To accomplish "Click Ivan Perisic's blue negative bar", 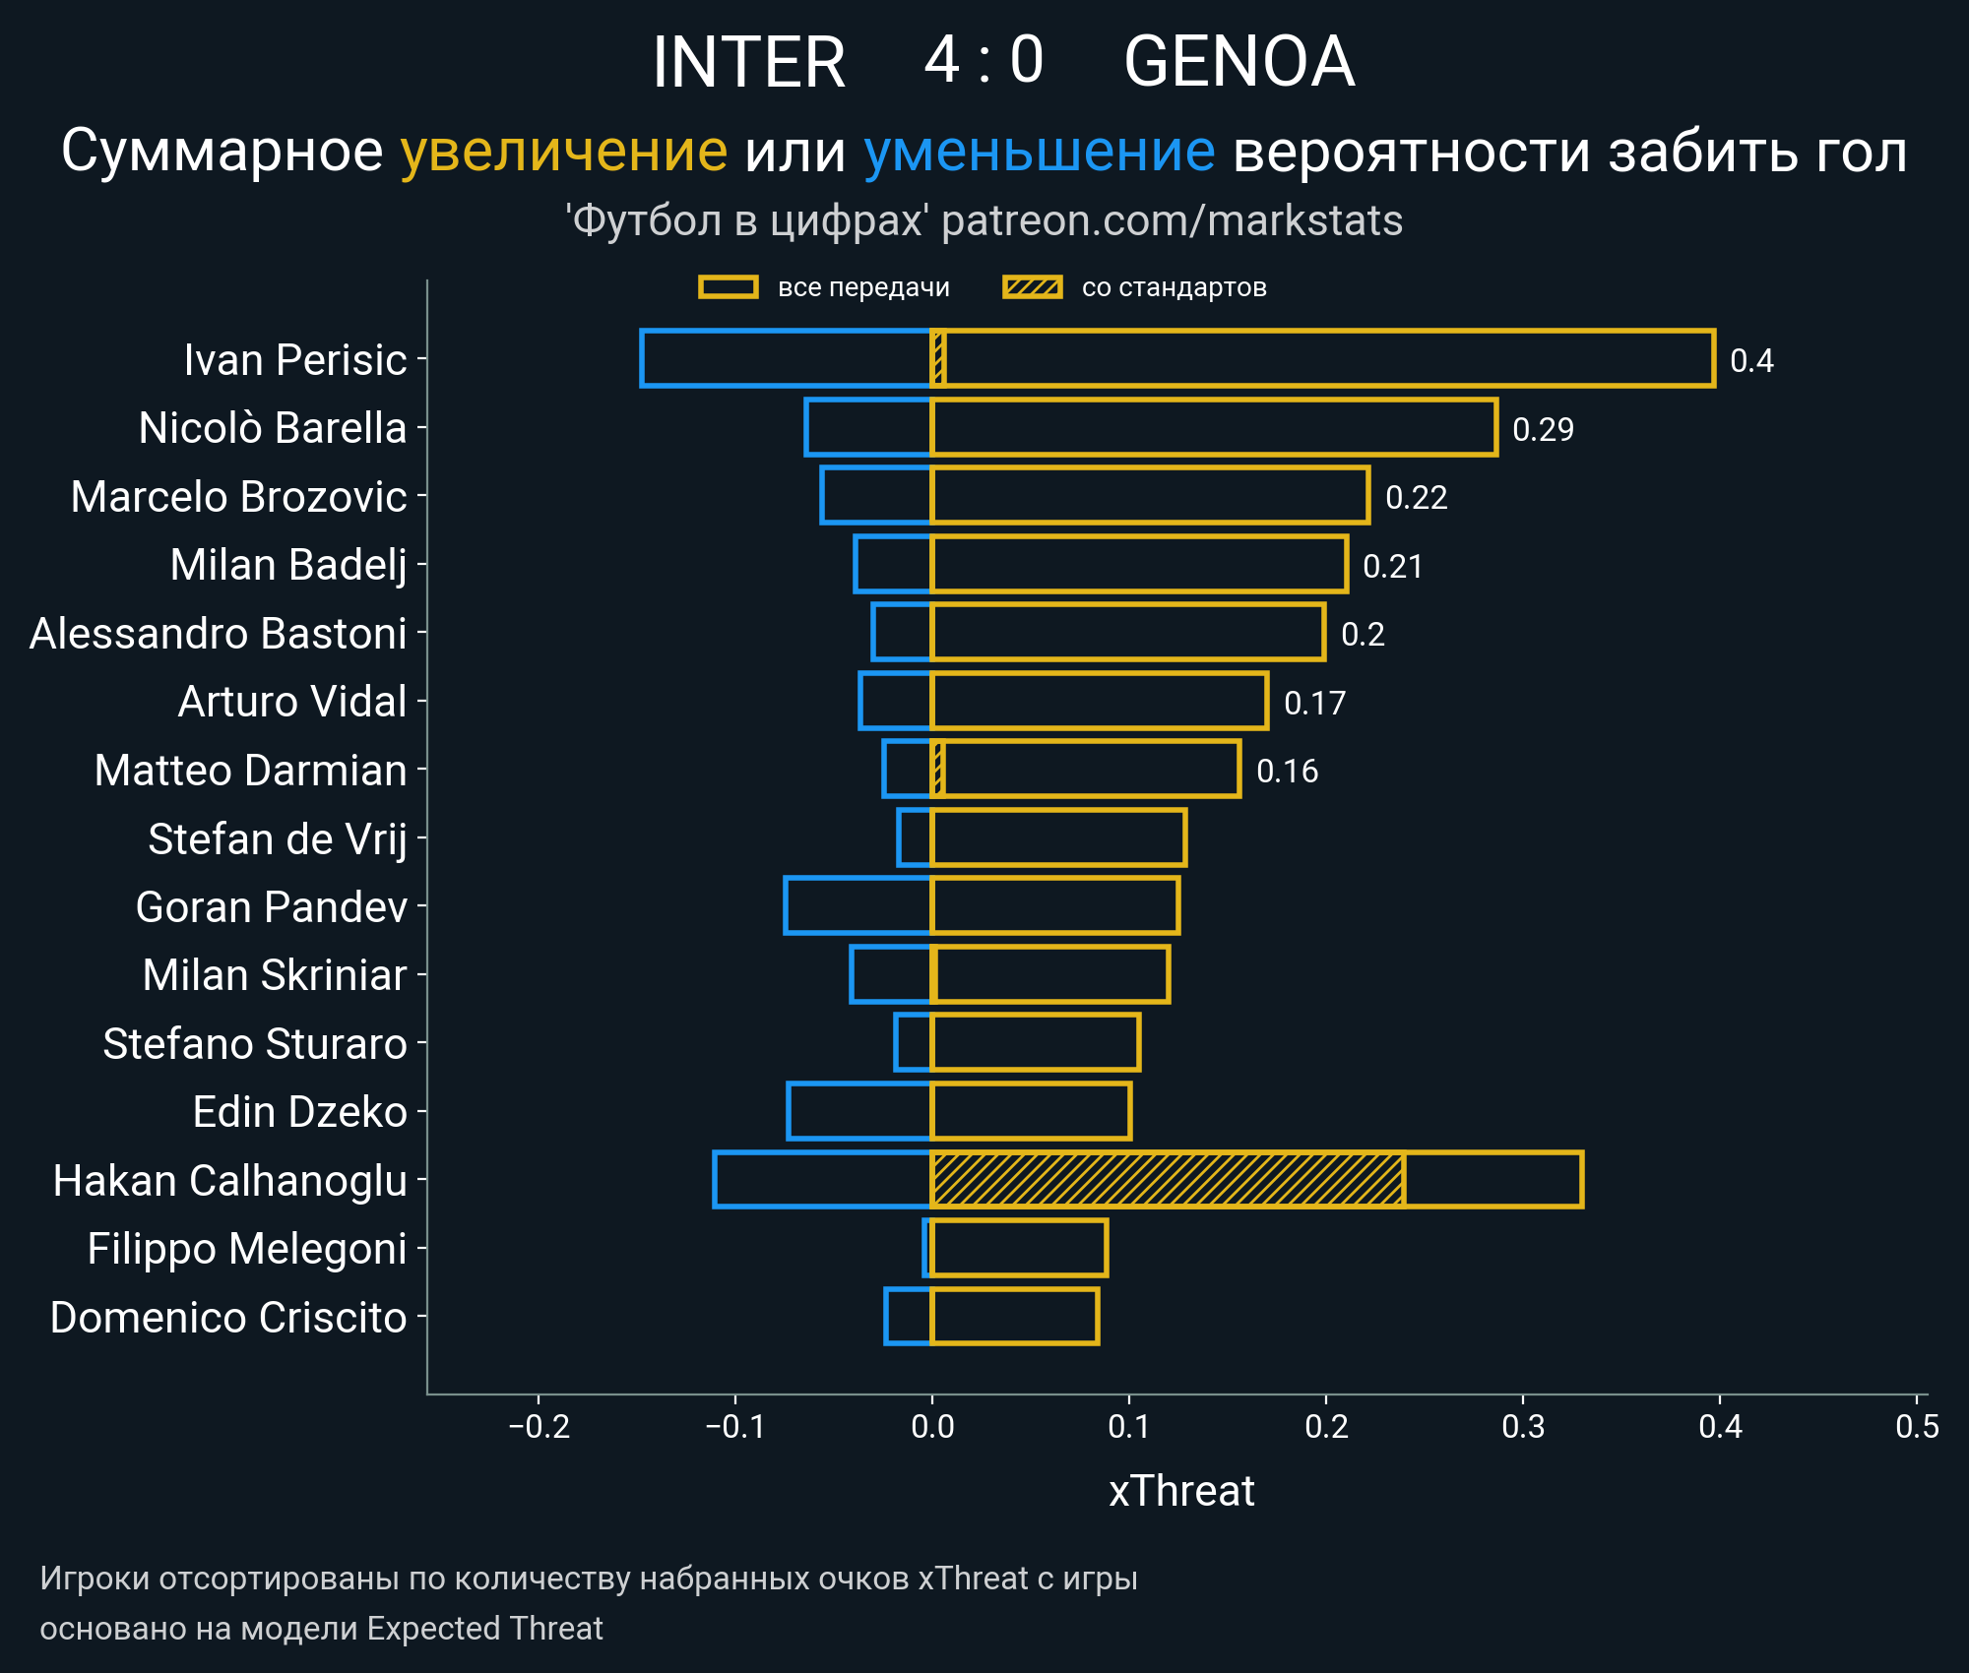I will coord(786,358).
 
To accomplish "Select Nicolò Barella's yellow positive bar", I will coord(1213,427).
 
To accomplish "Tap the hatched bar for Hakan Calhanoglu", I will coord(1167,1179).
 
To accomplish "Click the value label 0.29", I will coord(1543,429).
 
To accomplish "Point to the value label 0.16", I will coord(1287,771).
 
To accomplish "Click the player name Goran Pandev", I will coord(271,906).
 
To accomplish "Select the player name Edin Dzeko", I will coord(299,1112).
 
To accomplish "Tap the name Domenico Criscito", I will coord(228,1317).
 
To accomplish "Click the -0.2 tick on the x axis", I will coord(539,1426).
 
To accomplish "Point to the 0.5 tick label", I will coord(1916,1426).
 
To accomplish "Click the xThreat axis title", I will coord(1181,1491).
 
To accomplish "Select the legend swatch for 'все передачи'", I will coord(728,287).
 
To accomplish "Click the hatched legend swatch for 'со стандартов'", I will coord(1032,287).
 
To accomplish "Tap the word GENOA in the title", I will coord(1239,62).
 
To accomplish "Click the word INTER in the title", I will coord(748,62).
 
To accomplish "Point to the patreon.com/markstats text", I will coord(1172,220).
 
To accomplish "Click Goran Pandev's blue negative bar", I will coord(857,905).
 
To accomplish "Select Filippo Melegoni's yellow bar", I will coord(1019,1248).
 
